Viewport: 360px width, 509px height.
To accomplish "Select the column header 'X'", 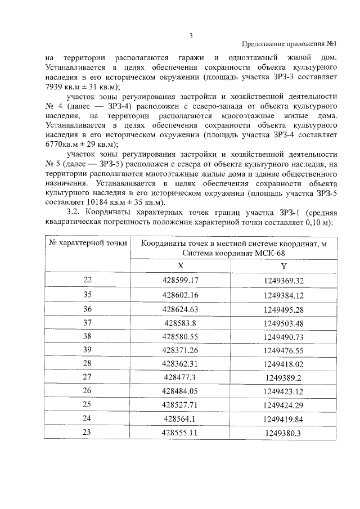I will coord(180,266).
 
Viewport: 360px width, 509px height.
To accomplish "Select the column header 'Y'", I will coord(283,266).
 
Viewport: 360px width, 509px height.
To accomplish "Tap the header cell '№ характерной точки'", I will coord(87,243).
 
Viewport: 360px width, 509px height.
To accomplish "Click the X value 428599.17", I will coord(180,280).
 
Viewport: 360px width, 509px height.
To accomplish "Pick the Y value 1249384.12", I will coord(283,295).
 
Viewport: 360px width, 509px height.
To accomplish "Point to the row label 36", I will coord(87,309).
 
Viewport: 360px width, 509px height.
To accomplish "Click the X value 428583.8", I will coord(180,323).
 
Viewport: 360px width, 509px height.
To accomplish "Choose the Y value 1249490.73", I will coord(283,337).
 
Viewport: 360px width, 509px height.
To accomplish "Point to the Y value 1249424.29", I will coord(283,405).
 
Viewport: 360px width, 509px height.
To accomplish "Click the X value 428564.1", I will coord(180,419).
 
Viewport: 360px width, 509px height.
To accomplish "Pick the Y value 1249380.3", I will coord(283,434).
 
